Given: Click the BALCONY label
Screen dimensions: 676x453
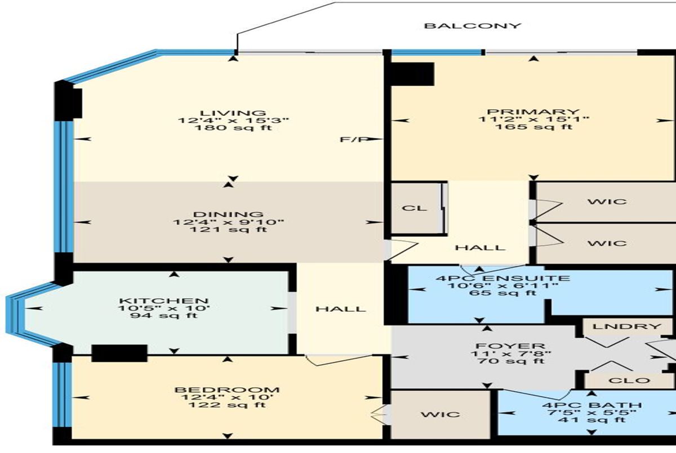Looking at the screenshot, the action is coord(473,26).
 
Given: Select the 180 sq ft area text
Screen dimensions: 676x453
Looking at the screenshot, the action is coord(234,128).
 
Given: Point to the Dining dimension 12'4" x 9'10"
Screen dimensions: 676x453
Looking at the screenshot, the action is coord(229,222).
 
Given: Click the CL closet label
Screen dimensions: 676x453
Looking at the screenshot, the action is coord(415,208).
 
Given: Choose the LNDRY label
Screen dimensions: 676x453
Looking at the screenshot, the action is coord(627,326).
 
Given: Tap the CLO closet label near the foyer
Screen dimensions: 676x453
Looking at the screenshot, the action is coord(629,380).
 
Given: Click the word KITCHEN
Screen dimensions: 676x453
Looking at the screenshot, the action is coord(164,301).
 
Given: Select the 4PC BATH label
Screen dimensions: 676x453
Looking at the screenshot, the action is coord(592,405).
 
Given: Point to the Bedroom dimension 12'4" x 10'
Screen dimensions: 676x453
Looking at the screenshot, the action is coord(227,397).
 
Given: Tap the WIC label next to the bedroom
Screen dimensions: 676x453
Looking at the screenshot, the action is coord(441,415).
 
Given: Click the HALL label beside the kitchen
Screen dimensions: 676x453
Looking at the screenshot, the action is coord(340,310).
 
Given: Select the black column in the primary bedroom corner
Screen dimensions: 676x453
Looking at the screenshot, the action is coord(412,74).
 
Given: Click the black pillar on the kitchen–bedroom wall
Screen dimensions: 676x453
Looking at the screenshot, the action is coord(119,353).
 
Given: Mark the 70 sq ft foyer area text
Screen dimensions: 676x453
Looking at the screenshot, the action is coord(512,361).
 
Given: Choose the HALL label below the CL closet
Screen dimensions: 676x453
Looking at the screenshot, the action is coord(480,248).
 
